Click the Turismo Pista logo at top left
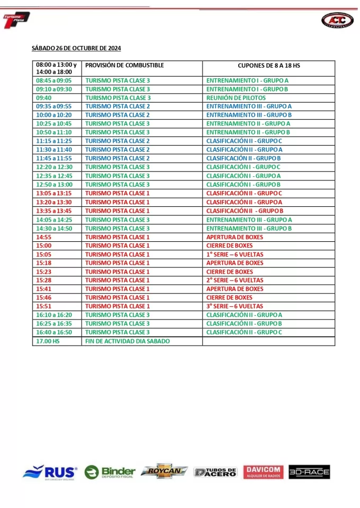click(x=16, y=20)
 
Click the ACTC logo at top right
click(x=337, y=20)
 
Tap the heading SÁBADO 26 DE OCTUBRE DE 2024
click(x=76, y=48)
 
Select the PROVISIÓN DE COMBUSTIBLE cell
click(x=124, y=66)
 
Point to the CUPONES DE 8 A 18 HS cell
click(x=268, y=66)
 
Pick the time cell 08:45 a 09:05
click(x=53, y=80)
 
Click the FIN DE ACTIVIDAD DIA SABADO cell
click(x=128, y=341)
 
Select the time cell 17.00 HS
click(x=48, y=341)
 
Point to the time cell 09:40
click(x=44, y=98)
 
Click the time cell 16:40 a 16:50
click(x=53, y=332)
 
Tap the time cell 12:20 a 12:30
click(x=53, y=167)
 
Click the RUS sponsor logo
click(x=50, y=472)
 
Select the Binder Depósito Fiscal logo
click(x=110, y=472)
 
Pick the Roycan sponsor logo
click(x=164, y=471)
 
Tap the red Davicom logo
click(x=263, y=472)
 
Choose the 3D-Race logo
click(x=309, y=472)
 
